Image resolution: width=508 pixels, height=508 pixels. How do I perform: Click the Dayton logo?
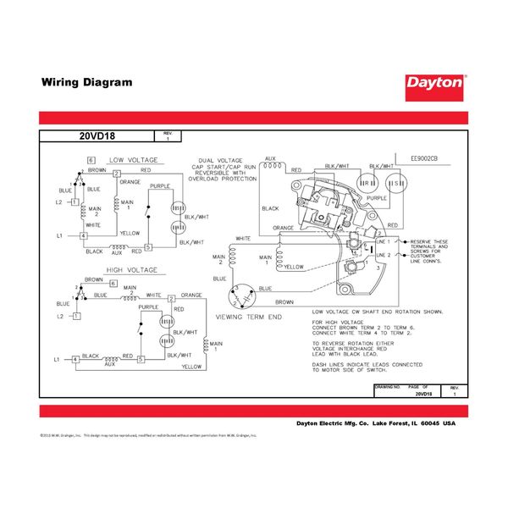(434, 84)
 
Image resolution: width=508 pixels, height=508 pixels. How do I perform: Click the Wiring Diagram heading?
(87, 83)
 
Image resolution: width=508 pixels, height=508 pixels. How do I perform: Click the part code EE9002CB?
(424, 159)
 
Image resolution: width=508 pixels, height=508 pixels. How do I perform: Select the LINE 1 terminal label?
(382, 241)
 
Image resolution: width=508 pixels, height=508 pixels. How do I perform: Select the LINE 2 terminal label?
(382, 254)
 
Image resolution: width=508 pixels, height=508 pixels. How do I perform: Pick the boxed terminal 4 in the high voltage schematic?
(75, 360)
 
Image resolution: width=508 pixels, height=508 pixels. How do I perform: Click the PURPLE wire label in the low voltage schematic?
(160, 185)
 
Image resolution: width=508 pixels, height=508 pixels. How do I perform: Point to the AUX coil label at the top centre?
(270, 158)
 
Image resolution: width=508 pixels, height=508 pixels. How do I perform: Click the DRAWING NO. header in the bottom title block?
(387, 385)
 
